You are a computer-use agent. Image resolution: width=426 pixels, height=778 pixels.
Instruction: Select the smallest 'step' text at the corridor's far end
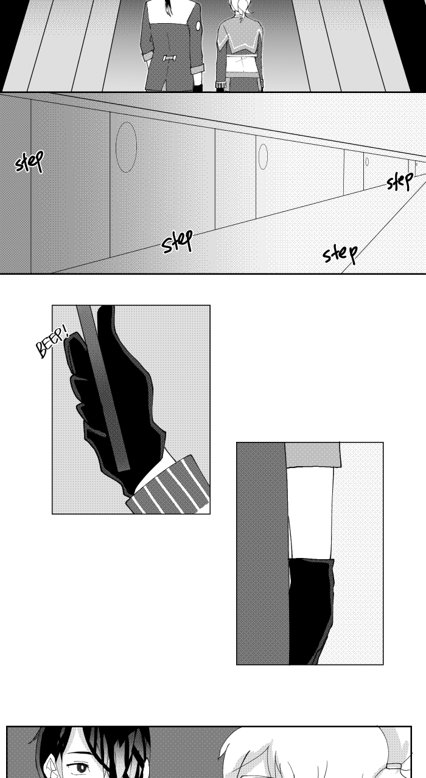(400, 181)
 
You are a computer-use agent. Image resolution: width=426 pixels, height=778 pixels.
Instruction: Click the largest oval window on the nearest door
(126, 147)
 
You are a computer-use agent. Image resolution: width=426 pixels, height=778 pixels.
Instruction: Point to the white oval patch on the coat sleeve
(198, 26)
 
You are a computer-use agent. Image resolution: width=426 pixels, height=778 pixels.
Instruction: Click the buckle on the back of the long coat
(169, 58)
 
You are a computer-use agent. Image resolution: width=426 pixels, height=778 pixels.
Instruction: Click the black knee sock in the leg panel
(310, 611)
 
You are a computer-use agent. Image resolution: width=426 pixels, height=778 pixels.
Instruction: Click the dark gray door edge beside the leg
(262, 553)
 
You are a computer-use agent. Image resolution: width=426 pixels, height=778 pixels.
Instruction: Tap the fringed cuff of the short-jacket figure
(221, 84)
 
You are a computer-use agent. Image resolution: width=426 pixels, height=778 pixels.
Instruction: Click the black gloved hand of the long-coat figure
(198, 87)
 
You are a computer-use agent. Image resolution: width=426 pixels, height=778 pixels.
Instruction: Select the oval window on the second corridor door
(264, 157)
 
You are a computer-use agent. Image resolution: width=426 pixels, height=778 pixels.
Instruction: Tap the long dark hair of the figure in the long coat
(169, 8)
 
